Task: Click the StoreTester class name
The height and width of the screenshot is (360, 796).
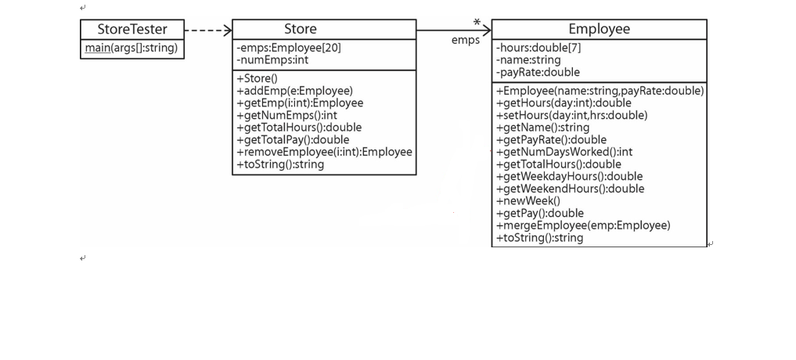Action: (132, 29)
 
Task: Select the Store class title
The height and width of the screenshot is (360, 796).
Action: (300, 29)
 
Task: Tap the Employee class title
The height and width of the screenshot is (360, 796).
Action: (599, 29)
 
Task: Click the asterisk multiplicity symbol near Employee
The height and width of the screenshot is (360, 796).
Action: (477, 23)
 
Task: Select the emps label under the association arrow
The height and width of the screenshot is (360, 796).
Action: (466, 40)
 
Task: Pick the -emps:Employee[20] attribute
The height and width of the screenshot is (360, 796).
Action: (289, 48)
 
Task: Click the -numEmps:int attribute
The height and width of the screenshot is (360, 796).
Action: (272, 59)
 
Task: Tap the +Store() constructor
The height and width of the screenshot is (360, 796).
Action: (257, 78)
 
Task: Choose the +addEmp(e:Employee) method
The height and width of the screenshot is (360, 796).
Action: (294, 91)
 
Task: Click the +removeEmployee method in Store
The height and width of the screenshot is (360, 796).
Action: (324, 152)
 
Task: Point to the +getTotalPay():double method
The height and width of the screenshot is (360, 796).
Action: (293, 139)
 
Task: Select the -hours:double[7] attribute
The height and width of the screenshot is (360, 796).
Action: (538, 48)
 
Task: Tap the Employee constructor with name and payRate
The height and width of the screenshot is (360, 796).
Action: (600, 91)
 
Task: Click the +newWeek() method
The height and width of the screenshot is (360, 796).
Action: (528, 200)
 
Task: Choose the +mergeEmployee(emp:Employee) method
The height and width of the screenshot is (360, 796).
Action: (583, 225)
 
